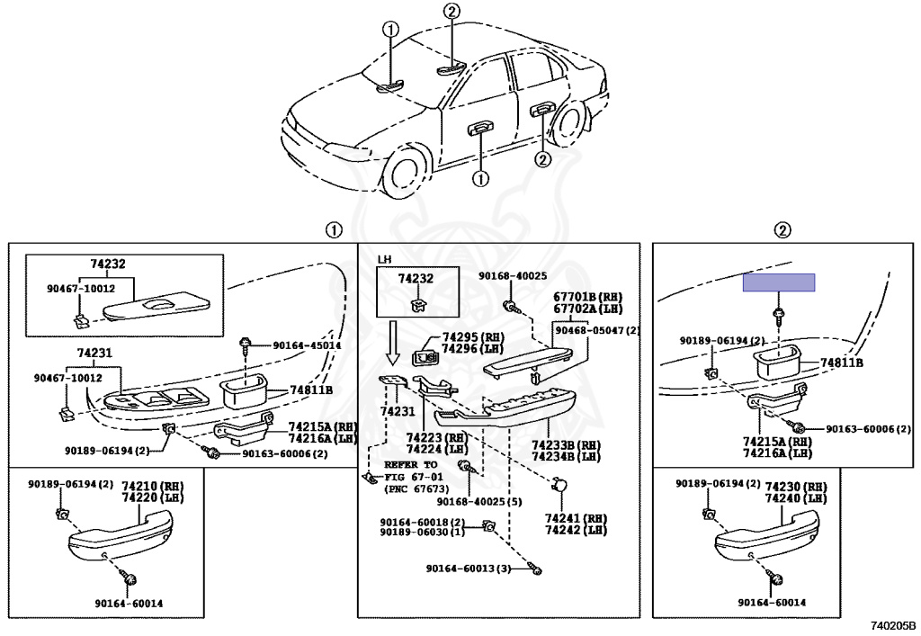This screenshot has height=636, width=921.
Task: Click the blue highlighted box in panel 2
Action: click(x=779, y=282)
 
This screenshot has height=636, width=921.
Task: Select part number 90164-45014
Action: click(x=307, y=346)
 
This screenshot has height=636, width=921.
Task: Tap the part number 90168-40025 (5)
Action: click(x=479, y=502)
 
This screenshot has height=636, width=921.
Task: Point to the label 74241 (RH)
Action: click(x=576, y=518)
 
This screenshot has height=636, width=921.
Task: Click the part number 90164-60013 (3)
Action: click(x=469, y=569)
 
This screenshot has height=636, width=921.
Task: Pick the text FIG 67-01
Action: click(x=414, y=477)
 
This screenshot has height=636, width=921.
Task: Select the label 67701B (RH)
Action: click(x=587, y=298)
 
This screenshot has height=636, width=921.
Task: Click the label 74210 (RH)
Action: click(x=152, y=487)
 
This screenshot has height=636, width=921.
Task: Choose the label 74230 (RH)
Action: click(x=795, y=488)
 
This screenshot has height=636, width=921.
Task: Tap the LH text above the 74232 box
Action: click(x=384, y=259)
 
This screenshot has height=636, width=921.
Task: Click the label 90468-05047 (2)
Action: click(x=597, y=331)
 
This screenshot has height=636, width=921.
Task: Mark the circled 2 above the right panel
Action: click(x=782, y=230)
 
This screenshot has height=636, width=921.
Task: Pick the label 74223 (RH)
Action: click(x=437, y=438)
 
